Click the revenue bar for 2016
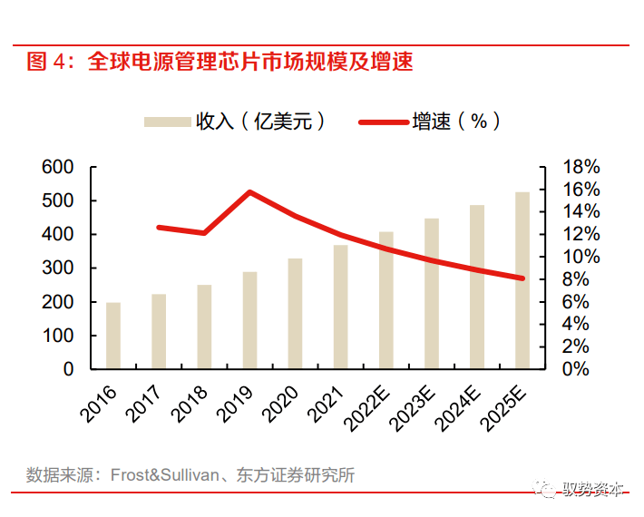pos(113,336)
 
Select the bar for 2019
pos(249,320)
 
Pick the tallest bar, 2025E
pos(522,280)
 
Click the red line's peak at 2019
pos(249,192)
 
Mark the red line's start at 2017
pos(159,227)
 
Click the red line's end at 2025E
pos(522,278)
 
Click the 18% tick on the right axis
pos(581,167)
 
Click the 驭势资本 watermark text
pos(594,490)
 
